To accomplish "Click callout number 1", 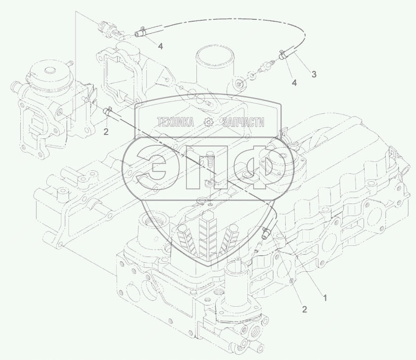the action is pyautogui.click(x=324, y=298).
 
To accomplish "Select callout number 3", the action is pyautogui.click(x=314, y=74).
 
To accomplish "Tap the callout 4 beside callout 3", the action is pyautogui.click(x=294, y=83).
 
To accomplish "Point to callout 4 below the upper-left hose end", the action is pyautogui.click(x=160, y=46).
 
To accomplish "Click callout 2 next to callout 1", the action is pyautogui.click(x=304, y=309).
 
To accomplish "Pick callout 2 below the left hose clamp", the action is pyautogui.click(x=106, y=132).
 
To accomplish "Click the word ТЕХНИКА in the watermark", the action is pyautogui.click(x=176, y=123).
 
